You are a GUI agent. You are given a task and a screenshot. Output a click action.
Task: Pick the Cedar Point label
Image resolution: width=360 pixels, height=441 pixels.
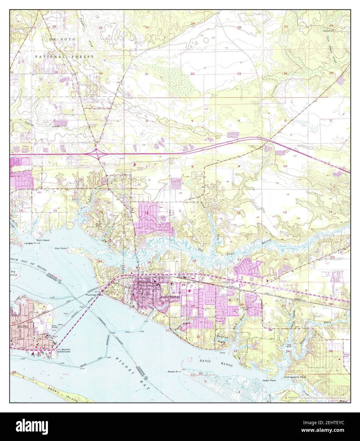tap(269, 380)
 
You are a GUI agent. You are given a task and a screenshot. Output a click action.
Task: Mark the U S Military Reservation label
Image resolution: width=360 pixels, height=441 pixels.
tap(63, 351)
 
